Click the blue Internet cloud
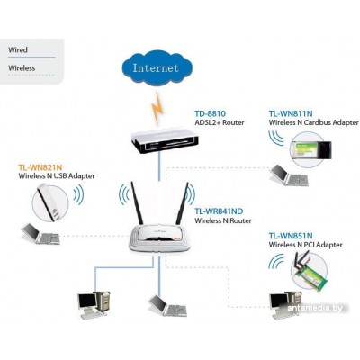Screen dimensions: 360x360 click(x=157, y=68)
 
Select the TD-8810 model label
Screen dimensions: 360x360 click(x=210, y=113)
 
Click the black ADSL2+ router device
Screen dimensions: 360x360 click(x=165, y=140)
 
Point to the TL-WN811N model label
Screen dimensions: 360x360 click(x=291, y=113)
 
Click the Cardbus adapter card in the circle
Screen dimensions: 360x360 click(x=311, y=150)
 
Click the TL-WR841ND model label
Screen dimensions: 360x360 click(x=219, y=211)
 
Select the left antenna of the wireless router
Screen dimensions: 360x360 click(x=137, y=202)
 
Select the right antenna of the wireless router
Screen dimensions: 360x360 click(x=183, y=203)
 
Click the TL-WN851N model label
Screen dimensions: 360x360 click(x=291, y=236)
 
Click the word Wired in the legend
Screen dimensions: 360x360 click(x=18, y=49)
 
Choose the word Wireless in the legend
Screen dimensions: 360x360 click(x=22, y=68)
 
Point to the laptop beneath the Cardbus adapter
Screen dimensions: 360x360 click(x=289, y=175)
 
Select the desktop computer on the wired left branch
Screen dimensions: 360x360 click(x=94, y=305)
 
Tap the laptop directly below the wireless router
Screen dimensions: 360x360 click(x=167, y=305)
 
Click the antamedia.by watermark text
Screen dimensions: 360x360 click(x=315, y=308)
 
